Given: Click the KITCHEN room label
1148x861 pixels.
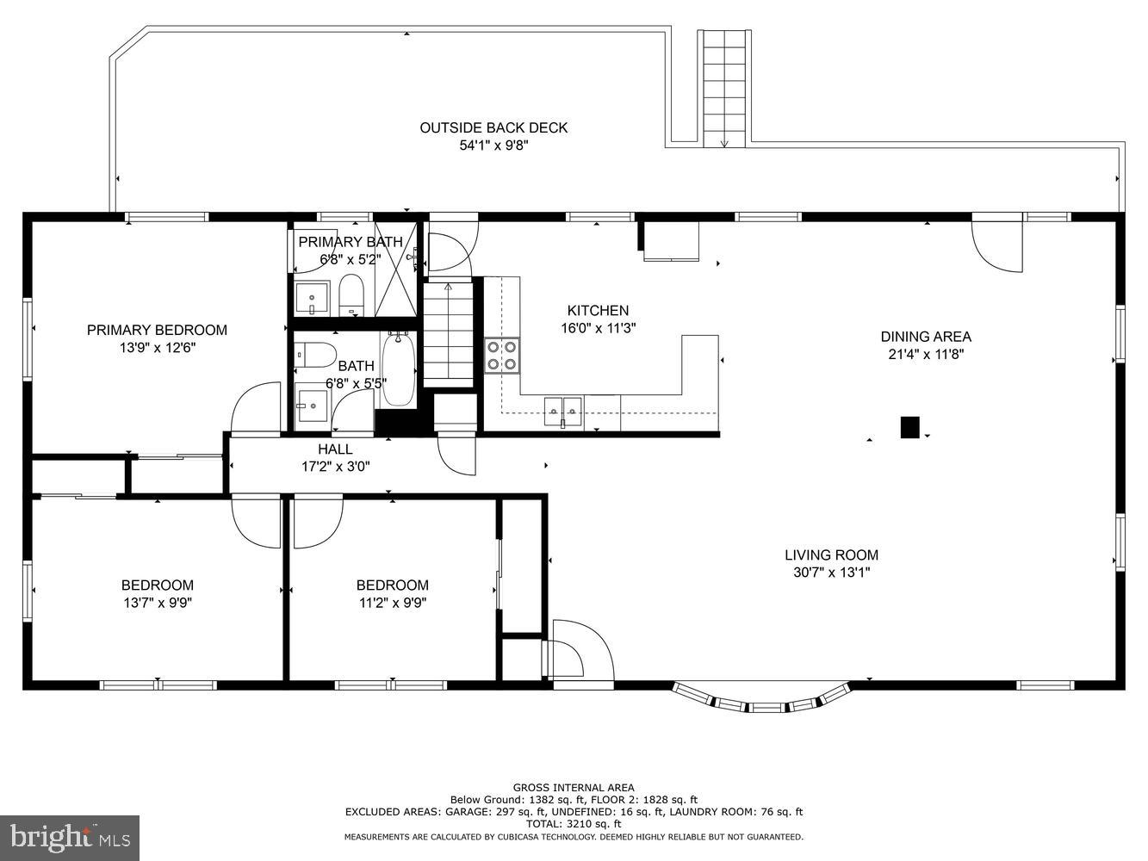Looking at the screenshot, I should coord(598,311).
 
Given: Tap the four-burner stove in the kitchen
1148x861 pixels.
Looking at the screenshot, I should coord(502,355).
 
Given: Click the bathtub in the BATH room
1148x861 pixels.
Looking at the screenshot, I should coord(399,370).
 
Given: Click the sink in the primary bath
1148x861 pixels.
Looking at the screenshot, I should coord(311,299).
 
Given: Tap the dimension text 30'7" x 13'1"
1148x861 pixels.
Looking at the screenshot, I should coord(831,573).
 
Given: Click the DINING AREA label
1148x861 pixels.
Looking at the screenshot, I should coord(925,337).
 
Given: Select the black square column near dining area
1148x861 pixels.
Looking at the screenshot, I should coord(909,427).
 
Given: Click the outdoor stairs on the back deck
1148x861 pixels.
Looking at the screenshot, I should coord(724,86).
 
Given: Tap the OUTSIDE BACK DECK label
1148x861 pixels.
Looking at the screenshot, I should coord(493,128).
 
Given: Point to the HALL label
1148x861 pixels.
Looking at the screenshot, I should coord(335,449).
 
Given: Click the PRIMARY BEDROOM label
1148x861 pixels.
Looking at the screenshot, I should coord(157,330).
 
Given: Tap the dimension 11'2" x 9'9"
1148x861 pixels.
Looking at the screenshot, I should coord(392,604).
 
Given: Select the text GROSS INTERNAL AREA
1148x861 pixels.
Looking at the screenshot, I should coord(574,787).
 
